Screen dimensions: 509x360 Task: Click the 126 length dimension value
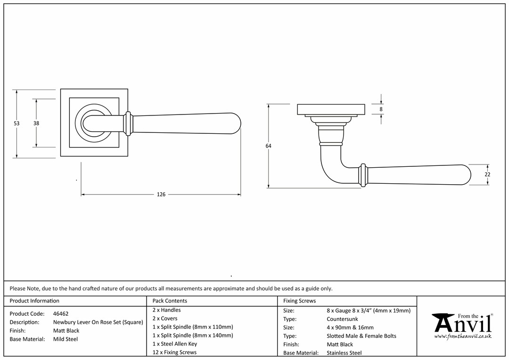tap(161, 195)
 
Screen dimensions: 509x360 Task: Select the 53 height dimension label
tap(16, 123)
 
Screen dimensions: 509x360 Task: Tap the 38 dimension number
tap(36, 123)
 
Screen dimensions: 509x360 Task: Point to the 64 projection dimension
tap(268, 146)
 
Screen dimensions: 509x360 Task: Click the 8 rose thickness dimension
tap(381, 109)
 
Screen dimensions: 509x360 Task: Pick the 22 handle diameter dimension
tap(487, 175)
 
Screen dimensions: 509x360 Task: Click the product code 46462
tap(61, 314)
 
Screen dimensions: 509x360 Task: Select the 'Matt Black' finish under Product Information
tap(66, 331)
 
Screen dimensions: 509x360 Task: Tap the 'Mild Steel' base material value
tap(66, 339)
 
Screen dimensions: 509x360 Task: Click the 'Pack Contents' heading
tap(170, 301)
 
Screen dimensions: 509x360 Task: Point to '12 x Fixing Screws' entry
tap(175, 352)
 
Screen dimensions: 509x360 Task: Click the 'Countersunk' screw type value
tap(343, 319)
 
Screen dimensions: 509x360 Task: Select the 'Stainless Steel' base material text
tap(344, 353)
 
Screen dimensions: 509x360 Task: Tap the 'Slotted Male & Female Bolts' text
tap(361, 336)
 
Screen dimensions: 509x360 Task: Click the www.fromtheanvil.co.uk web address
tap(463, 336)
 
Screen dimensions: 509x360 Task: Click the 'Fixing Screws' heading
tap(299, 301)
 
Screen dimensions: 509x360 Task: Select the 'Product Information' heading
tap(34, 301)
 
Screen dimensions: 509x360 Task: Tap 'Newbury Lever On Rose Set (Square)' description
tap(98, 322)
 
